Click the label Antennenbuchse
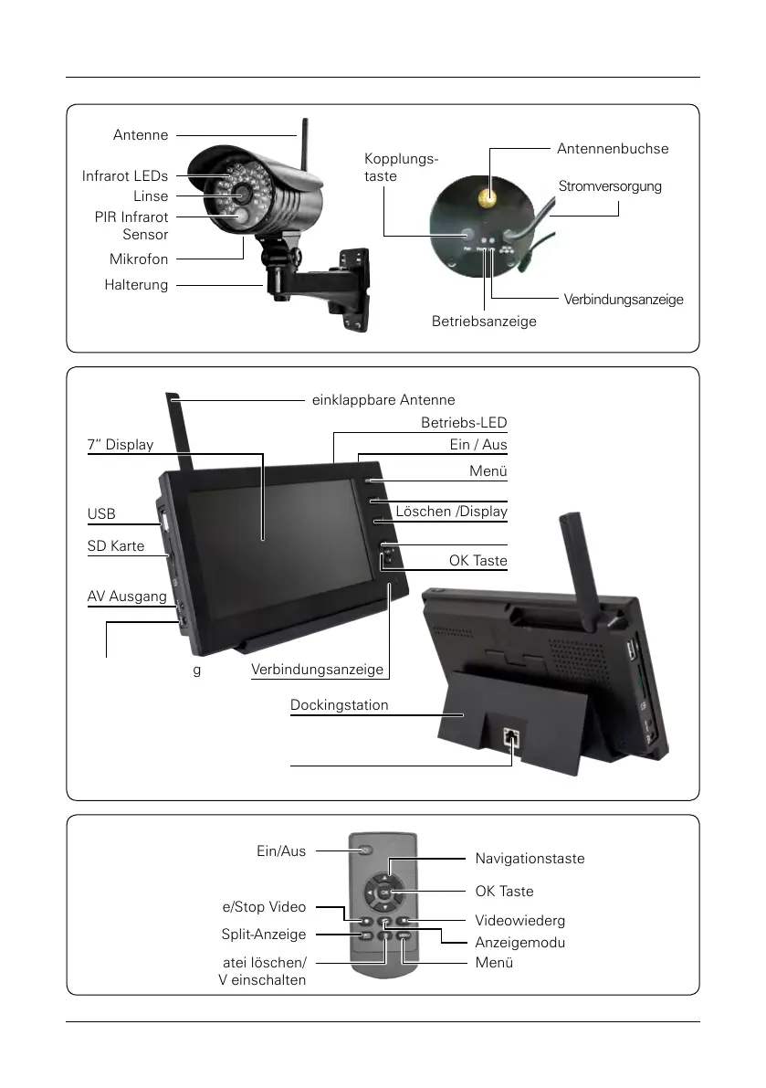[x=612, y=149]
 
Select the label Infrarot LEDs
[x=125, y=176]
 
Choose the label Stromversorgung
[x=609, y=186]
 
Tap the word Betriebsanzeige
[x=484, y=322]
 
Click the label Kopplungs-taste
[x=400, y=167]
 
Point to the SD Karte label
[x=116, y=546]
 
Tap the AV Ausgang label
[x=127, y=597]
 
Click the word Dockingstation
[x=339, y=705]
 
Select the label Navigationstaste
[x=530, y=859]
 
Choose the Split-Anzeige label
[x=264, y=935]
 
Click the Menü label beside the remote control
[x=494, y=963]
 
